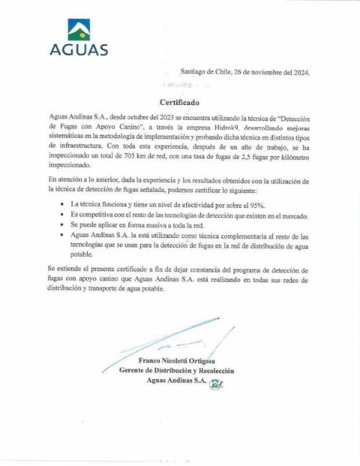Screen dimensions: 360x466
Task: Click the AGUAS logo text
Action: pos(79,50)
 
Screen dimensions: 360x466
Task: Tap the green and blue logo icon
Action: pos(79,29)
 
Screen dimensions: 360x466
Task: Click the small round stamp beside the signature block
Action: pos(214,384)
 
